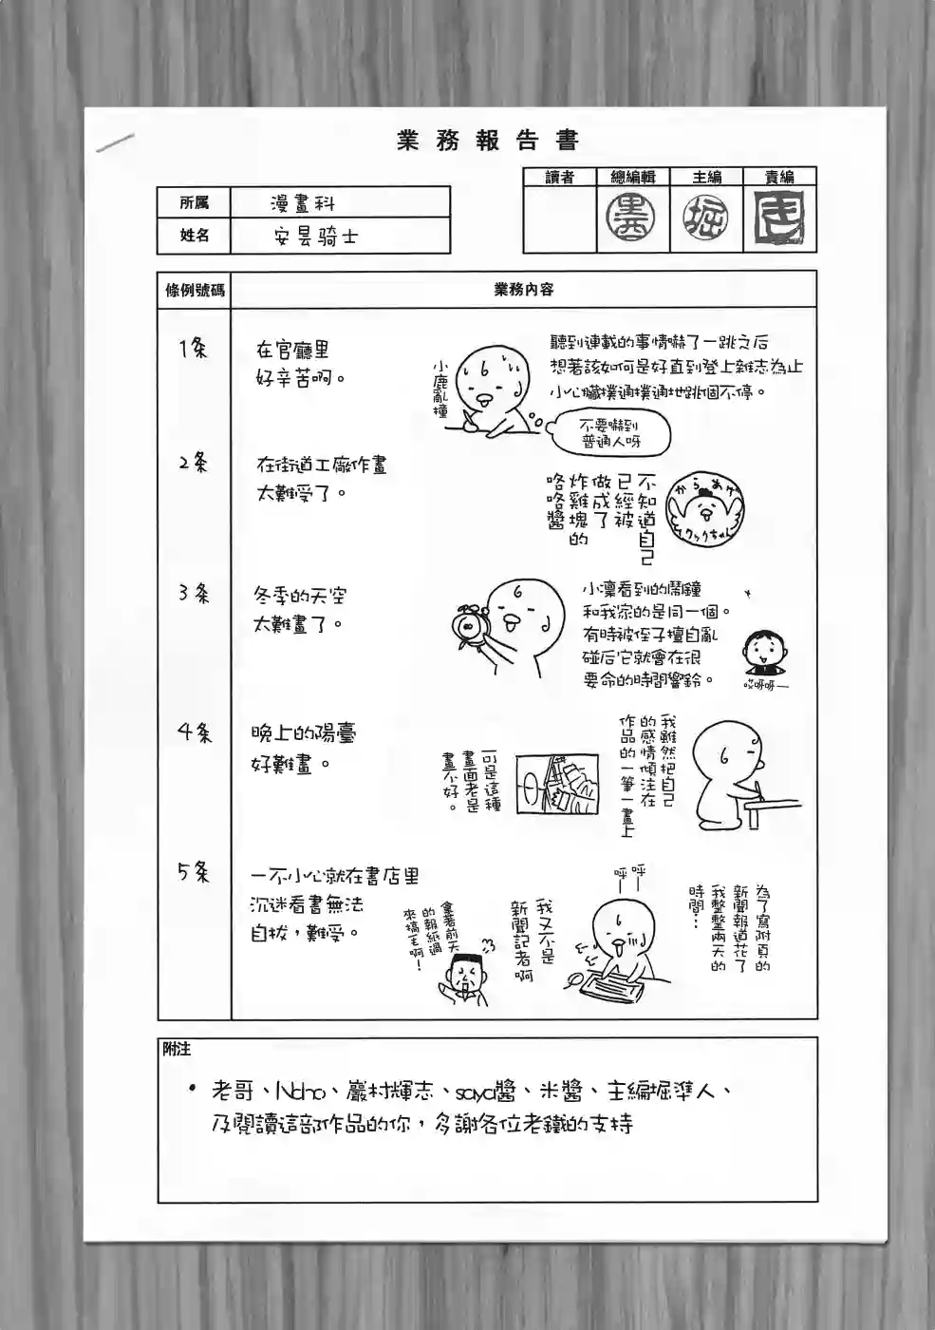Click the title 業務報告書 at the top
click(x=488, y=142)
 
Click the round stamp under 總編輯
click(x=632, y=218)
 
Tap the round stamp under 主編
click(x=706, y=218)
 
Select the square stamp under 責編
click(x=779, y=217)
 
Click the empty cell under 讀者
click(x=559, y=218)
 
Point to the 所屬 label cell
click(x=194, y=202)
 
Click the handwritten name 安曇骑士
click(x=315, y=237)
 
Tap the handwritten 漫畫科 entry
click(x=302, y=203)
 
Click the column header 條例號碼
click(x=195, y=290)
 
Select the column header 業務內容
click(x=523, y=290)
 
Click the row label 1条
click(x=194, y=349)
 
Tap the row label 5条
click(x=194, y=871)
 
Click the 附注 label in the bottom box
click(x=177, y=1049)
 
